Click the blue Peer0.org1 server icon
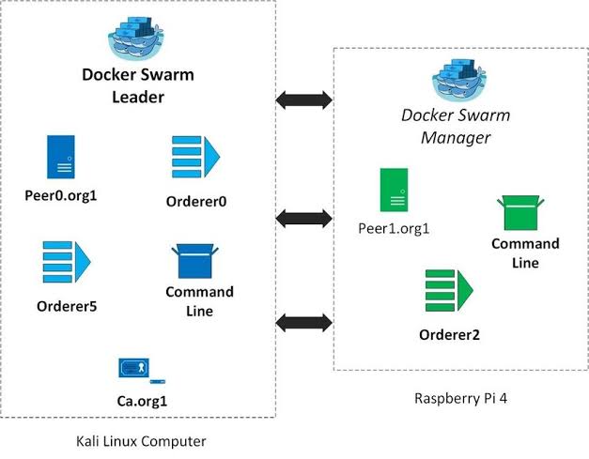tap(61, 157)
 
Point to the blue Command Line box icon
tap(196, 263)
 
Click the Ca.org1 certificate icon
tap(141, 370)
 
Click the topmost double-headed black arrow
tap(304, 99)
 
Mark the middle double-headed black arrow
tap(304, 219)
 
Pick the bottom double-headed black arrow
tap(304, 322)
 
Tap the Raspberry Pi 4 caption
tap(459, 398)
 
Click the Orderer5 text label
tap(67, 306)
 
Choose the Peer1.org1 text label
tap(394, 228)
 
